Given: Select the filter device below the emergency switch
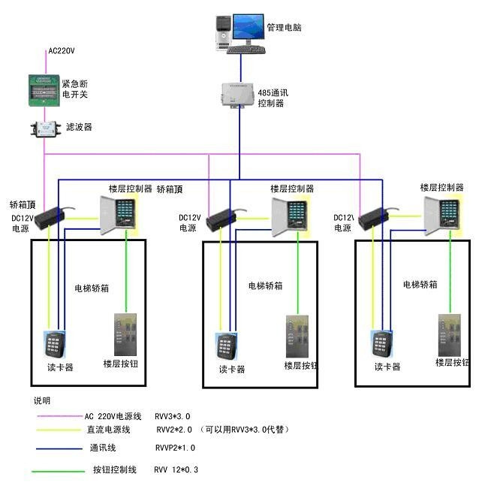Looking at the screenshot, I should [x=45, y=128].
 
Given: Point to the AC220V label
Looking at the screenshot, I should [x=62, y=52].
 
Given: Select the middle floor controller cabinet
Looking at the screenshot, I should [x=290, y=216].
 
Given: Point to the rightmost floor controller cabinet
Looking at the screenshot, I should [x=441, y=216].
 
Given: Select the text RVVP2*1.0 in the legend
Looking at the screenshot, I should [x=175, y=448].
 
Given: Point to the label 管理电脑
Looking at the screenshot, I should [x=285, y=27].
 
